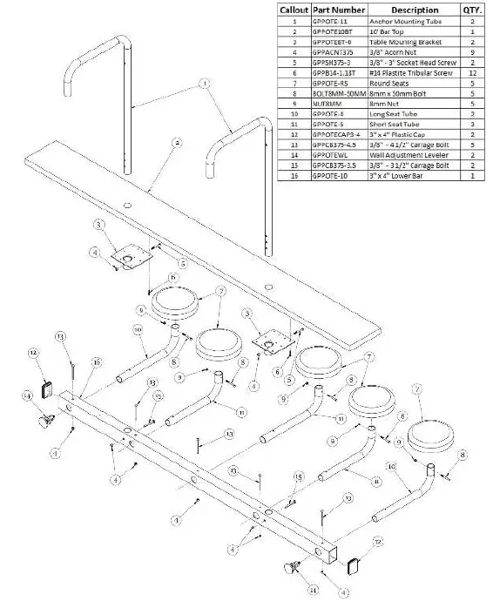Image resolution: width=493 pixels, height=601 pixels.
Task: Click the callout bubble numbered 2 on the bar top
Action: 176,141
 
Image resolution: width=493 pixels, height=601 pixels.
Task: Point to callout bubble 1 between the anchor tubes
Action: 204,84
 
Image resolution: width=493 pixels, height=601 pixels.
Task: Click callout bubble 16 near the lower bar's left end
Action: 97,361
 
